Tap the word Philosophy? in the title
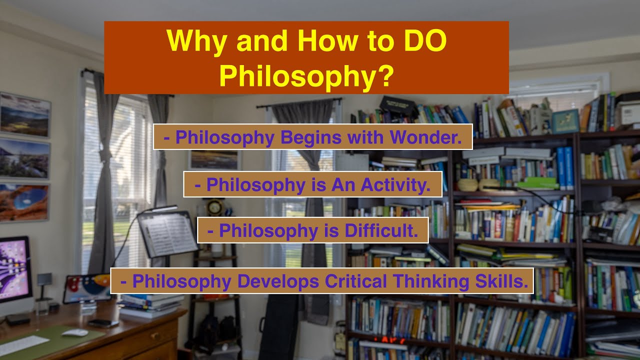click(306, 75)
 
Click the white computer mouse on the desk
click(75, 332)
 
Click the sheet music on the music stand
click(168, 233)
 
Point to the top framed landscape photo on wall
click(24, 114)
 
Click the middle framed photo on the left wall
click(24, 158)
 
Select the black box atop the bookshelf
click(397, 105)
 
